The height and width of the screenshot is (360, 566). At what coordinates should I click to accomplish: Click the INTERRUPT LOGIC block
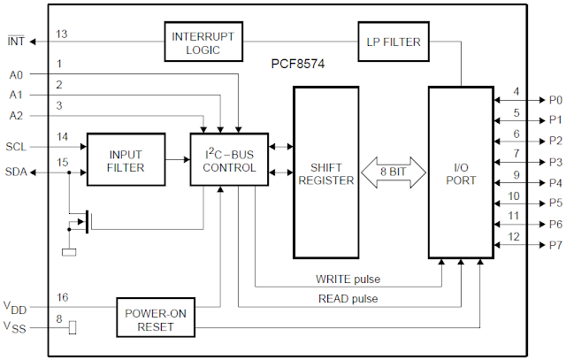(x=203, y=42)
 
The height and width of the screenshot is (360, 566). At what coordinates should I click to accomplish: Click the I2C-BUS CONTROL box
(x=229, y=160)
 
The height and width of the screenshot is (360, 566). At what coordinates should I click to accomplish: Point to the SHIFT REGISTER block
(x=325, y=172)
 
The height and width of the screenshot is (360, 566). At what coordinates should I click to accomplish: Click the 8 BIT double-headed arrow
(x=393, y=172)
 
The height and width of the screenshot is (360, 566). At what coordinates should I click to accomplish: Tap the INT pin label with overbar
(x=16, y=42)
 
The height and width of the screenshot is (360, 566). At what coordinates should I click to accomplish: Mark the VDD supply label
(x=15, y=308)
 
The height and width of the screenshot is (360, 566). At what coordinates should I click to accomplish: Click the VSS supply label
(x=15, y=328)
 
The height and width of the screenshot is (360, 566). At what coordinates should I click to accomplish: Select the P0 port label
(x=555, y=99)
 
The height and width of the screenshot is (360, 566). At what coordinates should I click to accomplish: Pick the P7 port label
(x=555, y=245)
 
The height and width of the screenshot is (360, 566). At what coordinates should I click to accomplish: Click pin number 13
(x=61, y=34)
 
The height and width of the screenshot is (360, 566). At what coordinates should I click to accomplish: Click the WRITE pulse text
(x=347, y=280)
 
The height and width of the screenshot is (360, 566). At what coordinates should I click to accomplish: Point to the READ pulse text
(x=348, y=299)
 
